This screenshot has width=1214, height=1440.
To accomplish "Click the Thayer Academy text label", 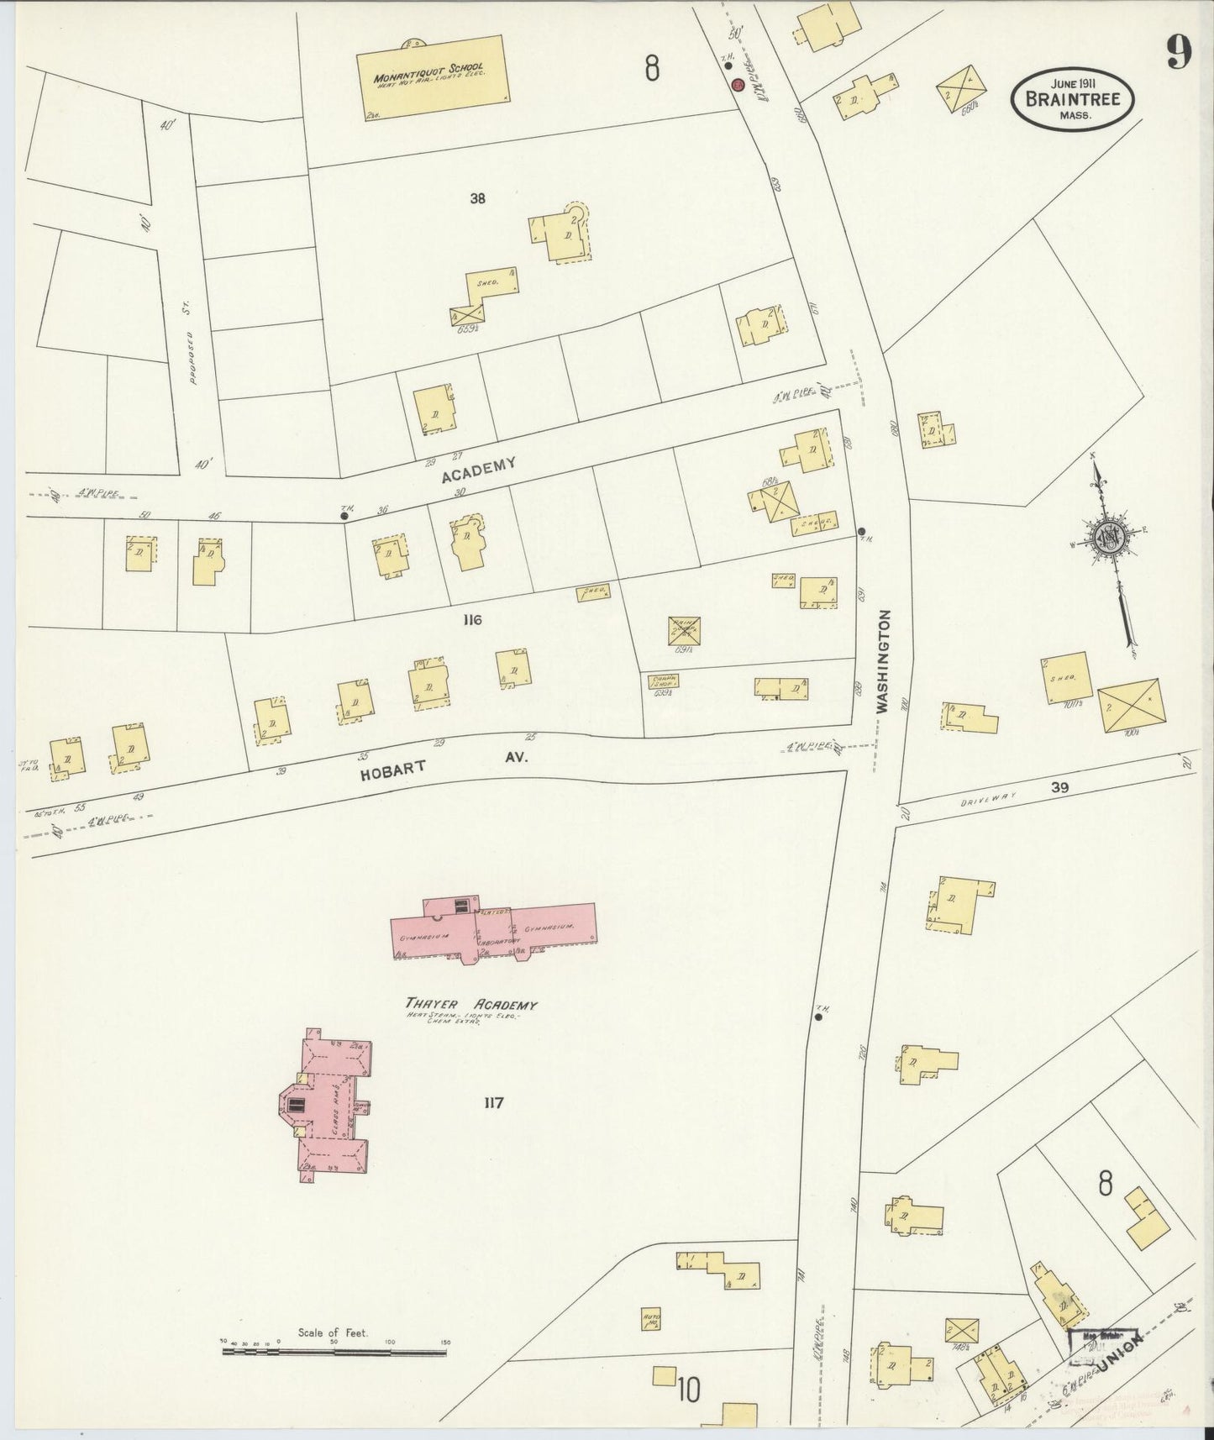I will coord(471,1005).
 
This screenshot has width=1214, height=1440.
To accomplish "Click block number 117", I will coord(493,1102).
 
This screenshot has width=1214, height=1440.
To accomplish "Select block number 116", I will coord(471,620).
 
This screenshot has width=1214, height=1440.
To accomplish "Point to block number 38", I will coord(478,199).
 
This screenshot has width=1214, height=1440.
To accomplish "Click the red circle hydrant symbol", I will coord(738,85).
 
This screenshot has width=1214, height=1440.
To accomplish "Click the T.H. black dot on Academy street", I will coord(344,517).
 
